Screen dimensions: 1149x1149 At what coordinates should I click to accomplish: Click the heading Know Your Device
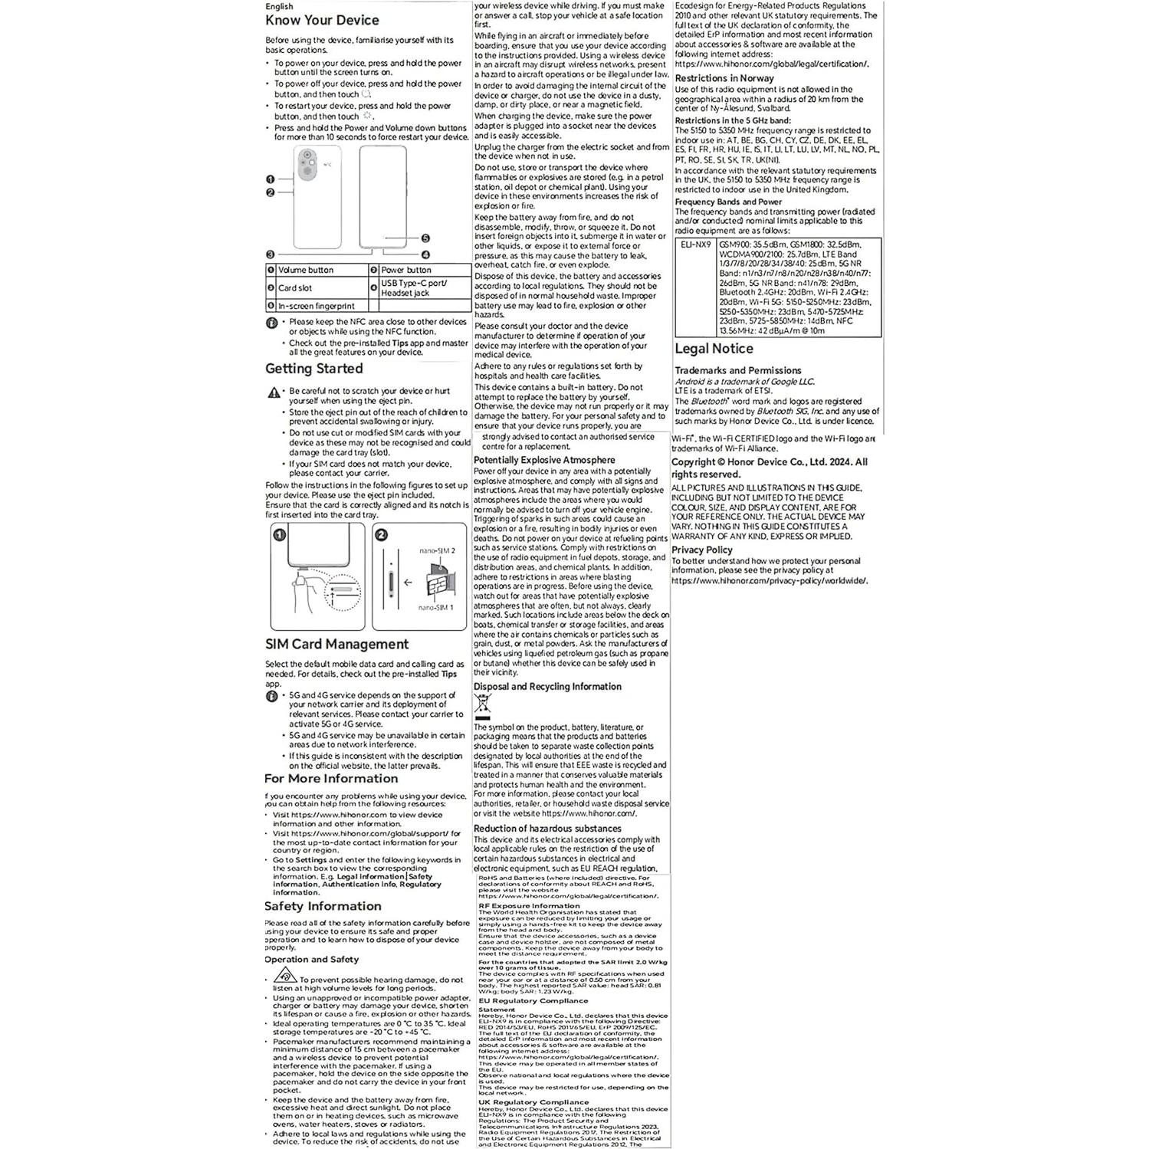(x=322, y=21)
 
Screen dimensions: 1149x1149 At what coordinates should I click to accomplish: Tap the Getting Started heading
(x=314, y=369)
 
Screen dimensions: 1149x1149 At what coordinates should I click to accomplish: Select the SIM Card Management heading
(x=336, y=645)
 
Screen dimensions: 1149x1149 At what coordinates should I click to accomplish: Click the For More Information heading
(x=331, y=779)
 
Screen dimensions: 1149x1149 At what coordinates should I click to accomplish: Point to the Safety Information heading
(x=322, y=906)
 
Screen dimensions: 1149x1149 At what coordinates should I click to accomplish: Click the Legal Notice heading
(x=714, y=349)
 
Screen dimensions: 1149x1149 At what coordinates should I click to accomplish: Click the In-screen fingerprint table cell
(x=316, y=306)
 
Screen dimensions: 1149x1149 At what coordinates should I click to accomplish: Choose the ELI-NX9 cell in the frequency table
(x=696, y=245)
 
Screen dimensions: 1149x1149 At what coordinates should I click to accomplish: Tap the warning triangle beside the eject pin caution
(x=274, y=392)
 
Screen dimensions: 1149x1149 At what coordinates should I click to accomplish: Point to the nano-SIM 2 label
(x=437, y=550)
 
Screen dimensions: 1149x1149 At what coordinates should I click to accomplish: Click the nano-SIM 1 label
(x=435, y=608)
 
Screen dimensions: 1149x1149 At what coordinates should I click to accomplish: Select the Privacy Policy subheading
(x=701, y=550)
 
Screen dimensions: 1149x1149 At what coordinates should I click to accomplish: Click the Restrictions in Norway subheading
(x=724, y=78)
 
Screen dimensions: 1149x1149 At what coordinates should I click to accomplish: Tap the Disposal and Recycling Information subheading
(x=547, y=687)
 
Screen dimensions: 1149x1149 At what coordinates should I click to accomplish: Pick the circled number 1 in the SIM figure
(x=280, y=535)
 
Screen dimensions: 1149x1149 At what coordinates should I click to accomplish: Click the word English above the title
(x=279, y=7)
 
